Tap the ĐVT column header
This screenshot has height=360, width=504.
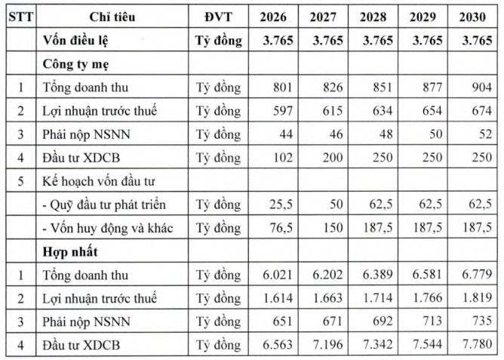coord(218,16)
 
